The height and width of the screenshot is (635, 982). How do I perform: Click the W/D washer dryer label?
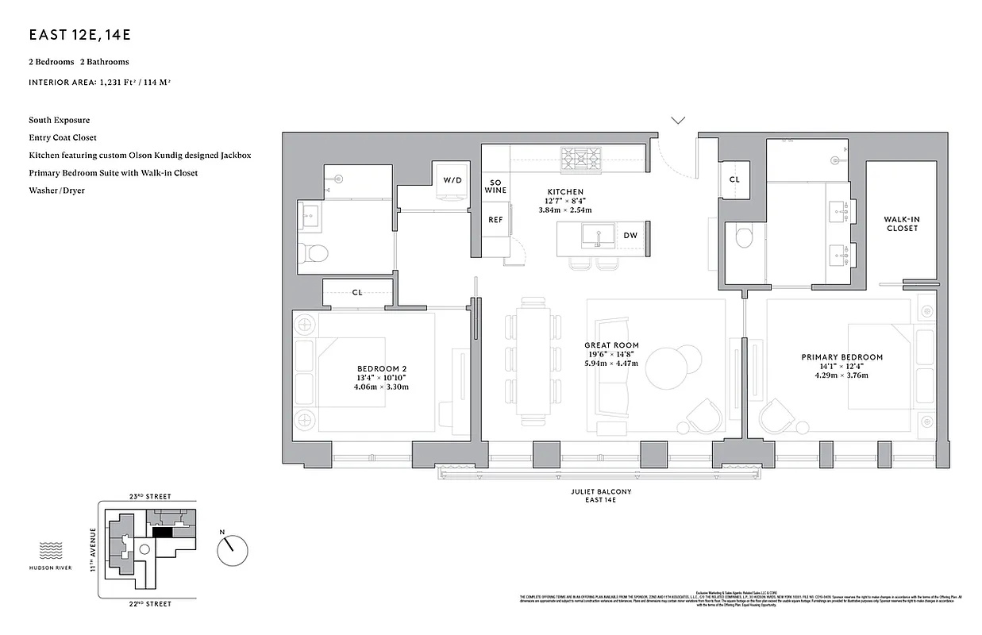pyautogui.click(x=452, y=180)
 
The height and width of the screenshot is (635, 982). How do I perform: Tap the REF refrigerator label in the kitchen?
pyautogui.click(x=495, y=220)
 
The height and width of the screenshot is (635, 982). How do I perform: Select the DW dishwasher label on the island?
pyautogui.click(x=630, y=235)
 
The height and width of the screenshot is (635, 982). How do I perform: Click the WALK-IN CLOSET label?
pyautogui.click(x=901, y=224)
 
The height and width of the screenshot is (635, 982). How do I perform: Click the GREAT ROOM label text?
pyautogui.click(x=610, y=345)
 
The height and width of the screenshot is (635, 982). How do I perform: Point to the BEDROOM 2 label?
pyautogui.click(x=382, y=368)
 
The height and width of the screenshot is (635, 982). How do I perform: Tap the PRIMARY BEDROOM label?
pyautogui.click(x=841, y=357)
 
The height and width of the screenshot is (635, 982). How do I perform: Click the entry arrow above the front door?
pyautogui.click(x=678, y=121)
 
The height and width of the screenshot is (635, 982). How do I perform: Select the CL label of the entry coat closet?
pyautogui.click(x=734, y=179)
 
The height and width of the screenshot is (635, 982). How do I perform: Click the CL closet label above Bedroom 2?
pyautogui.click(x=357, y=292)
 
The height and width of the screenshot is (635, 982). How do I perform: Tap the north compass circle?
pyautogui.click(x=232, y=548)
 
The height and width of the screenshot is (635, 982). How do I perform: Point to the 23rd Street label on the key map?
pyautogui.click(x=150, y=496)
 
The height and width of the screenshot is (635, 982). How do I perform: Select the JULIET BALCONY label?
pyautogui.click(x=601, y=491)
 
